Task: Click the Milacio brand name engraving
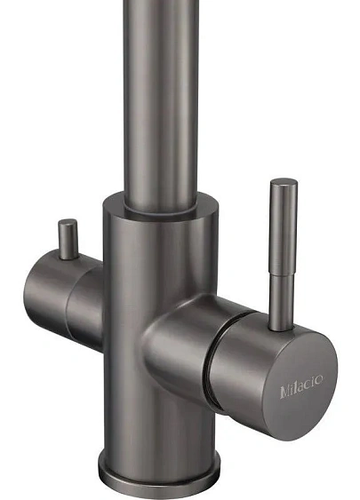tap(301, 386)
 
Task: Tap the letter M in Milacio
tap(285, 392)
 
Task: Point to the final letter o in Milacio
tap(318, 379)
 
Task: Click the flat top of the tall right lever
tap(284, 182)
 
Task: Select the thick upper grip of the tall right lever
tap(284, 226)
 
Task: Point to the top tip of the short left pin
tap(68, 221)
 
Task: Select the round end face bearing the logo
tap(300, 385)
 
